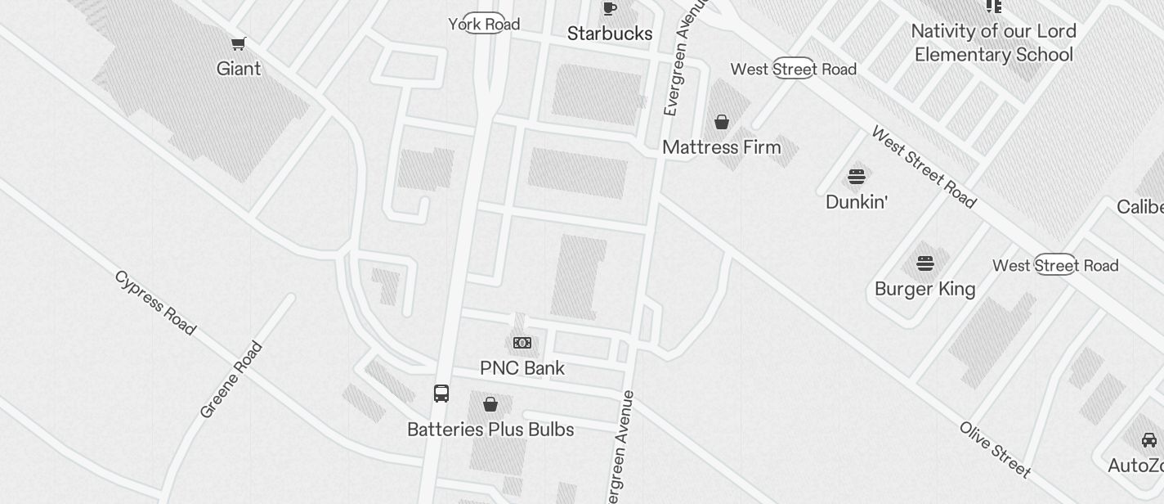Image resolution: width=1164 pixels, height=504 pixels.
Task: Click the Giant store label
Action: tap(239, 69)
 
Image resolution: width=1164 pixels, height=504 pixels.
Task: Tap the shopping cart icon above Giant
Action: tap(239, 43)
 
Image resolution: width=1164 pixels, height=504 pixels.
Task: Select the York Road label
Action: tap(484, 25)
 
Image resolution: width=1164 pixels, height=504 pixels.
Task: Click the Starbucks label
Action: tap(610, 34)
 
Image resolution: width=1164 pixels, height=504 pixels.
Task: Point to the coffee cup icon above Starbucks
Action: tap(609, 9)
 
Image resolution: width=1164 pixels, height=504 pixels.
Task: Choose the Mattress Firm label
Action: tap(722, 147)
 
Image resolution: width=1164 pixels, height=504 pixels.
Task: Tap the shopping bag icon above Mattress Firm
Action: tap(722, 123)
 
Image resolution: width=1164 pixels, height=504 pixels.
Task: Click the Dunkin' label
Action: tap(857, 201)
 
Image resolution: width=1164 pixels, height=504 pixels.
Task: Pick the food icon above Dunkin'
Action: tap(857, 176)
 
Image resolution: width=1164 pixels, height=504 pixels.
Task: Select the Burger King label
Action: tap(924, 289)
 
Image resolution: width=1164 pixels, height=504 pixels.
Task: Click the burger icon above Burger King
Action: tap(924, 263)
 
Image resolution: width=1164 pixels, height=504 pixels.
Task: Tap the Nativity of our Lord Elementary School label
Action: tap(993, 43)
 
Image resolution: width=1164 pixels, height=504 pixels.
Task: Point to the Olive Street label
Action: tap(995, 449)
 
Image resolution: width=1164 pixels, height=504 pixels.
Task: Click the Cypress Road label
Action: tap(155, 303)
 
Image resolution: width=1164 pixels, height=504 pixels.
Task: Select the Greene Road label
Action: tap(232, 380)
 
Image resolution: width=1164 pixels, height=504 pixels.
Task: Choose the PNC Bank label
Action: tap(522, 368)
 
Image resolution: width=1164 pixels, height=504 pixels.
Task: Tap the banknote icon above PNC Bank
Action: tap(522, 343)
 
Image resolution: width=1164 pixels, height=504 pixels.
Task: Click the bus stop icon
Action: tap(441, 394)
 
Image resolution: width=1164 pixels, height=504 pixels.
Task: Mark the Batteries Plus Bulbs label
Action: tap(490, 430)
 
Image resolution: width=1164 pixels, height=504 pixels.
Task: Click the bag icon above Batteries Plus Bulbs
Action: tap(490, 404)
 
